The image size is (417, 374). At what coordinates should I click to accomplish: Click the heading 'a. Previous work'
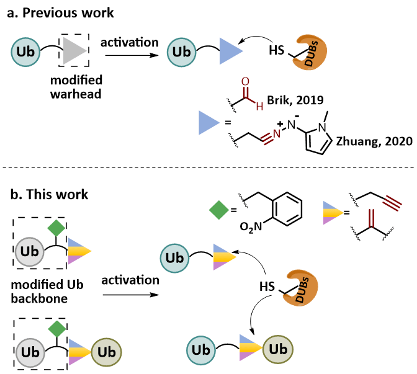[60, 13]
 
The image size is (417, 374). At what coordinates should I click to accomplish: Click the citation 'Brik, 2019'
[294, 100]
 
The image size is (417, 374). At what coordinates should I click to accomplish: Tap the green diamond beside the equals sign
[217, 211]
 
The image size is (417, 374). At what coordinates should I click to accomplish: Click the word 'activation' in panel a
[129, 42]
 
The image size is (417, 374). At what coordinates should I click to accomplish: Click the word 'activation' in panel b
[130, 280]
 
